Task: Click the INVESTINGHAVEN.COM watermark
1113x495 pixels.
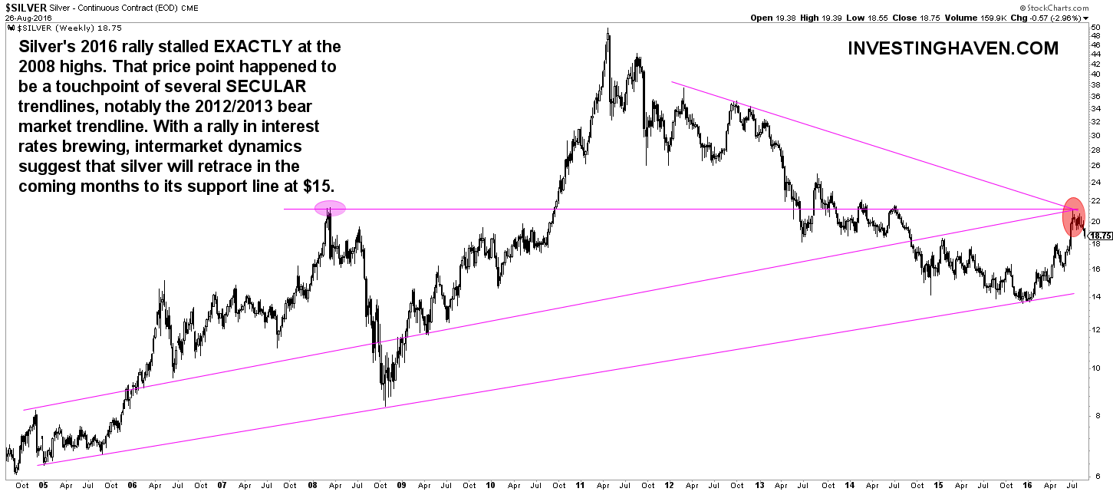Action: (953, 48)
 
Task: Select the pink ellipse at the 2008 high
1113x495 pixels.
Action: (330, 208)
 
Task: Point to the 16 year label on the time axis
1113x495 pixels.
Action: (1027, 486)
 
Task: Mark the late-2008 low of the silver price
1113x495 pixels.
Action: (384, 405)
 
